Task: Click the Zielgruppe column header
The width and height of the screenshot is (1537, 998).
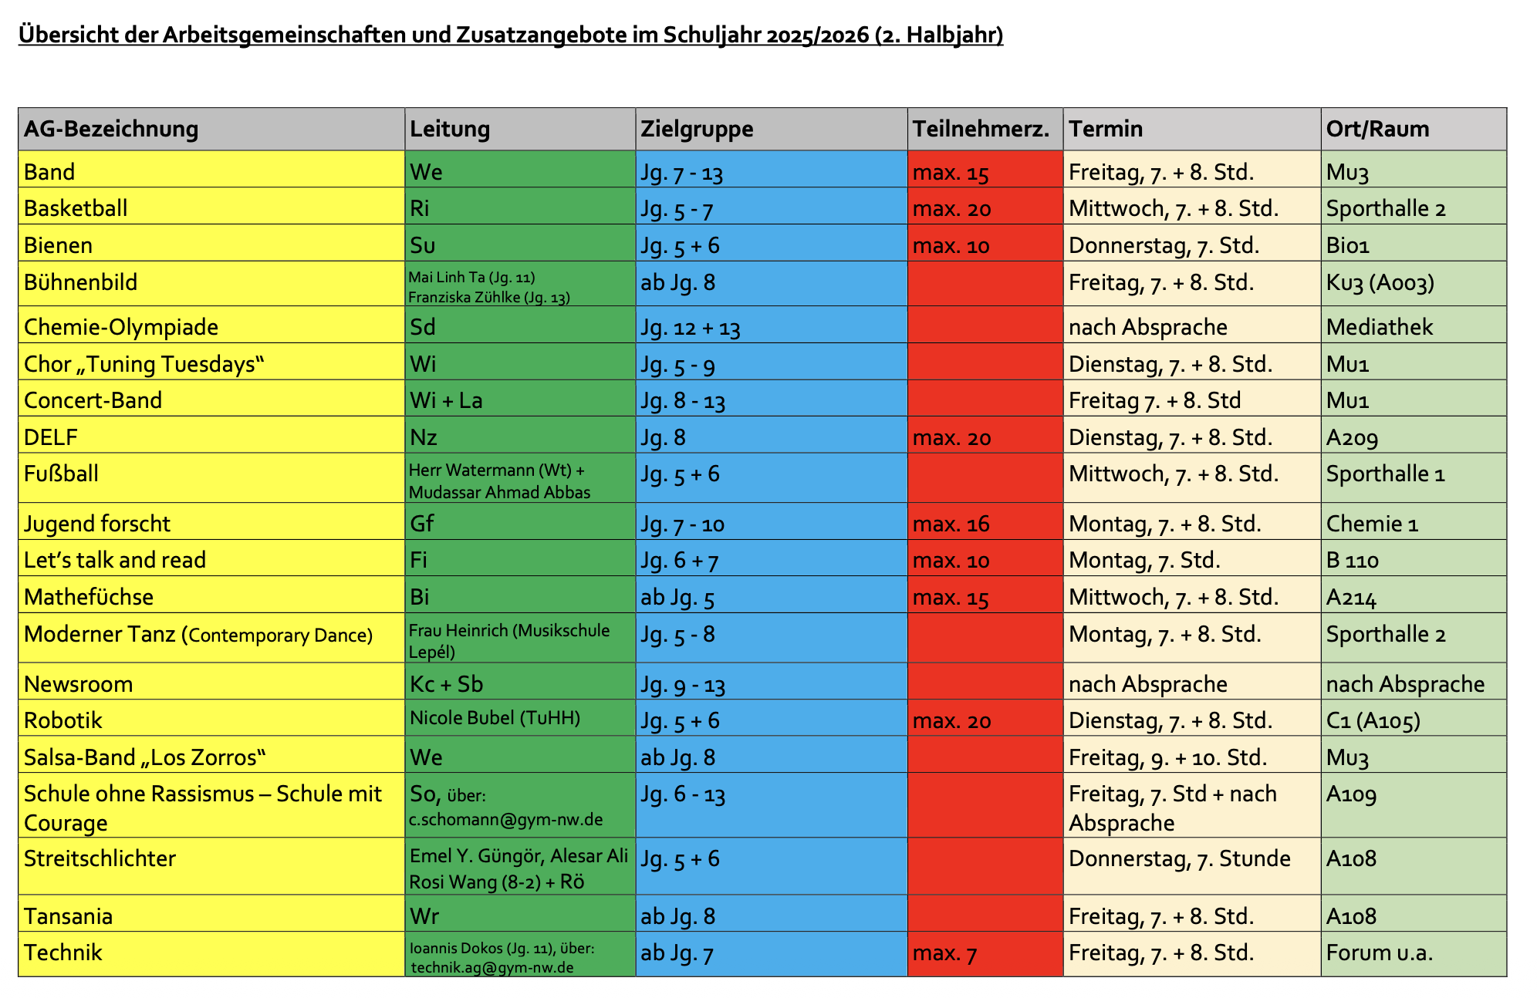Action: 697,129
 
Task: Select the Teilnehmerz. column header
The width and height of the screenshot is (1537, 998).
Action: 981,129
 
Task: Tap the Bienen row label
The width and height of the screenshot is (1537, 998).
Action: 58,245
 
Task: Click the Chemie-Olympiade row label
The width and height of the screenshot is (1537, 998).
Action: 121,327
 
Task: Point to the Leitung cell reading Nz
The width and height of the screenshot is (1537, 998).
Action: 424,437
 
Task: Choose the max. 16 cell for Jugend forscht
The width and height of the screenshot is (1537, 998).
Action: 951,524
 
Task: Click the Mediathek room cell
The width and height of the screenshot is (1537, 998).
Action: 1379,327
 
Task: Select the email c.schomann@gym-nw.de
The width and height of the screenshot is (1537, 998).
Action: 505,819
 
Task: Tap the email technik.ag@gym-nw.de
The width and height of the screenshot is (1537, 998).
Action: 492,967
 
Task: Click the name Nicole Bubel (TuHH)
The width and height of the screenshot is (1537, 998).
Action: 495,718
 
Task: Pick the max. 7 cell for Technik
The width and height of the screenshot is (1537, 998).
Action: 944,953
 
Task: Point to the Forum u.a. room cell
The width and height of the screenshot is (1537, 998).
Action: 1379,953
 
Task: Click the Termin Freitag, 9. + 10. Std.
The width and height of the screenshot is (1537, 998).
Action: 1167,757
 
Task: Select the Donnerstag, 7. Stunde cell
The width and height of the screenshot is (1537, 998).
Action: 1179,858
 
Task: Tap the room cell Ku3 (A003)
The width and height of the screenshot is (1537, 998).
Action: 1380,283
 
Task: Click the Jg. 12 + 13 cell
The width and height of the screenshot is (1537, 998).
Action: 690,328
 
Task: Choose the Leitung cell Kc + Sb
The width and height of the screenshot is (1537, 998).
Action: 446,684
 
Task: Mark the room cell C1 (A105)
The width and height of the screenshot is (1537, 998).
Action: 1373,720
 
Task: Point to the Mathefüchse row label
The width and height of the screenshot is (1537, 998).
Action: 89,597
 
